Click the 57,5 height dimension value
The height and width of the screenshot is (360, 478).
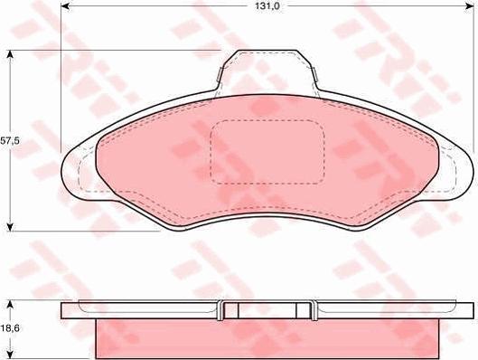9,141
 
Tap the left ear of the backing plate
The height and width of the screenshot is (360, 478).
74,172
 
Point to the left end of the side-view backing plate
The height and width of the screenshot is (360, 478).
65,310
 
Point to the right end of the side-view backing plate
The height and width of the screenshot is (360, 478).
469,310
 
